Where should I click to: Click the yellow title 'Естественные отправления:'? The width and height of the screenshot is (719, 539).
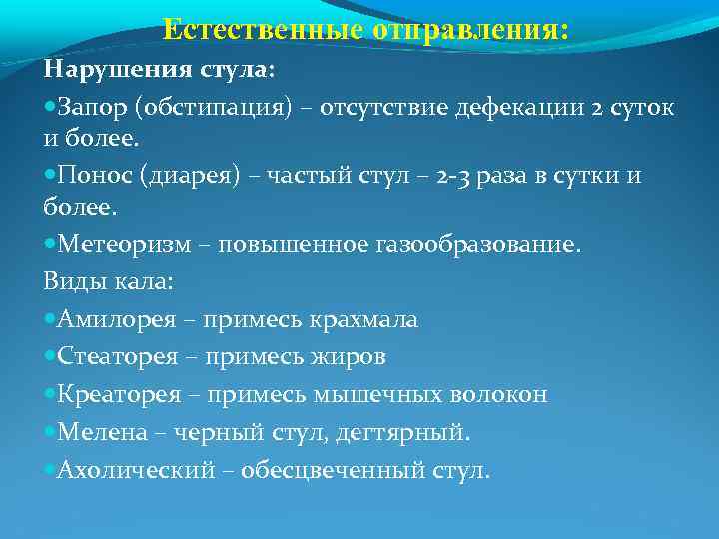(x=365, y=30)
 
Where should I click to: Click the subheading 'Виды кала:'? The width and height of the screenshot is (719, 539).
(x=108, y=281)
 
